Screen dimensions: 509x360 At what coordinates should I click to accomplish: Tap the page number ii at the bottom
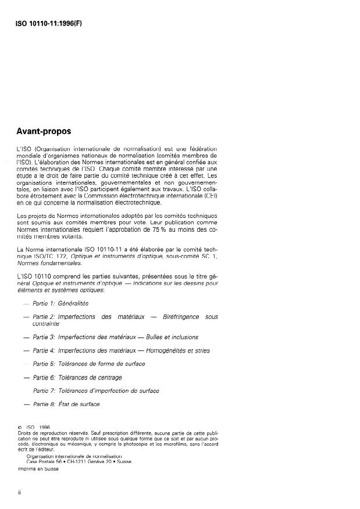coord(20,492)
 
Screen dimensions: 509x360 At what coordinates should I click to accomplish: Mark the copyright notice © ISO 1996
coord(35,427)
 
